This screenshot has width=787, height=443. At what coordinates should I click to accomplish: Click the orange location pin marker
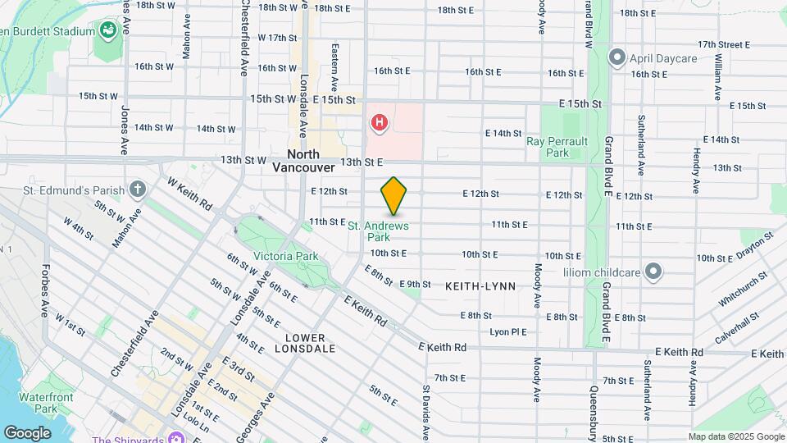point(394,197)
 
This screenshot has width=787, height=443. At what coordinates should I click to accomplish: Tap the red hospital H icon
point(379,124)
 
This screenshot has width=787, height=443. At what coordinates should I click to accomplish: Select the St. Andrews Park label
point(379,231)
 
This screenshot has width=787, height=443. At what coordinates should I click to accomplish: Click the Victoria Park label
point(285,256)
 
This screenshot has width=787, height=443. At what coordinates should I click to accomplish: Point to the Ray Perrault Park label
point(557,147)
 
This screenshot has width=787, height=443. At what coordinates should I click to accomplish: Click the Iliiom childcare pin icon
point(653,271)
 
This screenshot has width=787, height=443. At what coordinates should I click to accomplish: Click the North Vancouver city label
point(303,161)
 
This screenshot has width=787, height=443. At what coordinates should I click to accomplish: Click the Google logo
point(27,432)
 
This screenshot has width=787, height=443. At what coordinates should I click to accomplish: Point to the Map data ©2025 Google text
point(736,436)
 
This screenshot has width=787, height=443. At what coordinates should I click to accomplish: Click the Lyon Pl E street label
point(507,331)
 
